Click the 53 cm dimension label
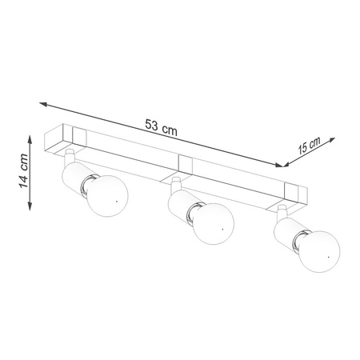161,127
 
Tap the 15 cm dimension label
309,146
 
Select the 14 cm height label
23,171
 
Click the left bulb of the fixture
108,196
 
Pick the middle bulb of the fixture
214,224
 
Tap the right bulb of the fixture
319,251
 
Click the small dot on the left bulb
117,202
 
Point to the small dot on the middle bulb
222,229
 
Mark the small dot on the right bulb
329,257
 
